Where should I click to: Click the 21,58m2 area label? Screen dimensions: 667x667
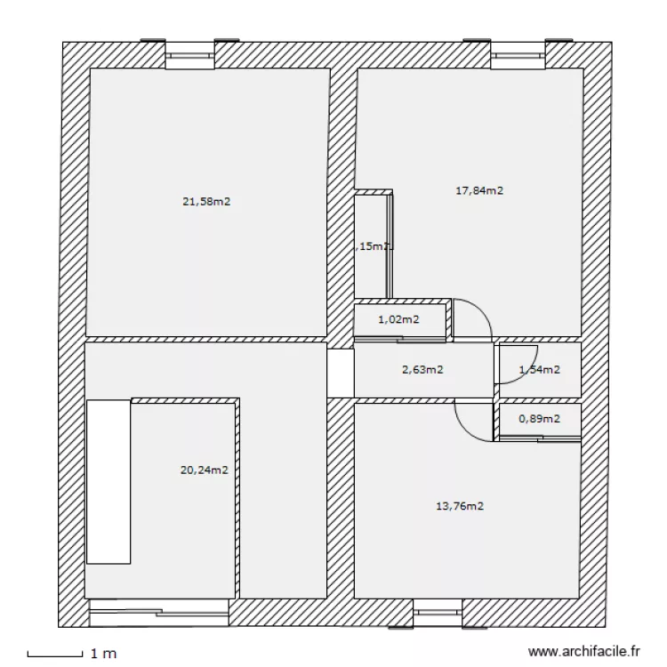click(x=206, y=202)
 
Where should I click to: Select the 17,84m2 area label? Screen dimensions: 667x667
click(x=479, y=189)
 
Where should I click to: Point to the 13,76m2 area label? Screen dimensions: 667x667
click(x=459, y=507)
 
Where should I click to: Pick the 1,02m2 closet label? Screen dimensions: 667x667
click(x=398, y=319)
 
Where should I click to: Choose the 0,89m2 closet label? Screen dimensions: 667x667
click(x=539, y=419)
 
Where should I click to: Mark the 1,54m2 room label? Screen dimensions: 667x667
click(x=539, y=370)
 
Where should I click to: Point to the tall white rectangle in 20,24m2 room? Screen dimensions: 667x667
click(x=108, y=480)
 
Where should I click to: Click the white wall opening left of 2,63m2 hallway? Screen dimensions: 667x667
click(x=340, y=373)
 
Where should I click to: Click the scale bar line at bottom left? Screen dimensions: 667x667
click(x=55, y=656)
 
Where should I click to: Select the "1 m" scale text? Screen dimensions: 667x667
click(x=103, y=654)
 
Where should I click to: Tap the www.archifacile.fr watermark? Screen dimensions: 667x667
click(x=583, y=653)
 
